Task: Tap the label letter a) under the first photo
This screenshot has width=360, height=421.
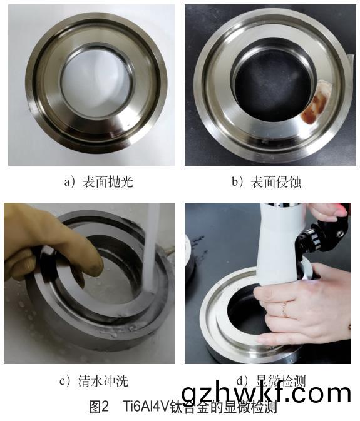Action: [x=69, y=182]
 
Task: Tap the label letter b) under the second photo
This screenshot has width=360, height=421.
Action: [x=237, y=182]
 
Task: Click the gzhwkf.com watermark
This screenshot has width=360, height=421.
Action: [x=275, y=393]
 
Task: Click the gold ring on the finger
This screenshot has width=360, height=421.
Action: [x=285, y=308]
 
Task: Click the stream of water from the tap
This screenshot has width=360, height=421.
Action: [x=150, y=250]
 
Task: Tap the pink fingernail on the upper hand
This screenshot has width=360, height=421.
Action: [x=343, y=212]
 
